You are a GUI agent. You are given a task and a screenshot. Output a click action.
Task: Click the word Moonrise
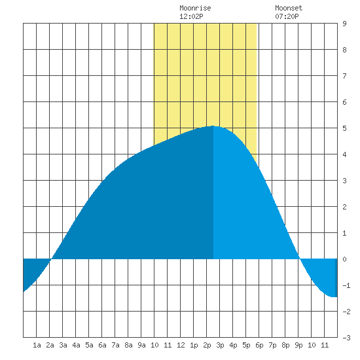click(195, 8)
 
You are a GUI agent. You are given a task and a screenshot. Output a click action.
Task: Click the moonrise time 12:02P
click(191, 16)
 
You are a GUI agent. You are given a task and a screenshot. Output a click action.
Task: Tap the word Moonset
click(289, 8)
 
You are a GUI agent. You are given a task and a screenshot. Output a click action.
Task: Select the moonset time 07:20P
click(287, 16)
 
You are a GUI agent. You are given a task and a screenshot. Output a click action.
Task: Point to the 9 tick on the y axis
click(344, 24)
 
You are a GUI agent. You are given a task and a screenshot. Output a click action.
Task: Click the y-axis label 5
click(344, 128)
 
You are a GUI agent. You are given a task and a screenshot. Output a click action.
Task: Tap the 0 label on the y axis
click(344, 259)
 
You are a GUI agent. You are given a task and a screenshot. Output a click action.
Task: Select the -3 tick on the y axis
click(346, 338)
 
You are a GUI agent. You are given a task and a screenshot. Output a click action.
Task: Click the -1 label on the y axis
click(346, 285)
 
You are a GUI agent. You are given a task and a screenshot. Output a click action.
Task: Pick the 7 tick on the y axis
click(344, 76)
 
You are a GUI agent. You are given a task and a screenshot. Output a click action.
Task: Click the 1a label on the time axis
click(37, 345)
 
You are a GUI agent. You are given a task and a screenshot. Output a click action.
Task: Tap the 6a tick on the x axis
click(102, 345)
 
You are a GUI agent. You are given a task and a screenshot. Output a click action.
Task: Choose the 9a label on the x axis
click(141, 345)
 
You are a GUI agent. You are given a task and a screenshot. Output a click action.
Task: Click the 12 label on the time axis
click(181, 345)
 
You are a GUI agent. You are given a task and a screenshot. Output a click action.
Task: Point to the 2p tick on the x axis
click(207, 345)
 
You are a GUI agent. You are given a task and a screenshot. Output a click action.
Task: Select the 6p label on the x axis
click(259, 345)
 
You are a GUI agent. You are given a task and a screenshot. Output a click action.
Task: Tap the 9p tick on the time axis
click(298, 345)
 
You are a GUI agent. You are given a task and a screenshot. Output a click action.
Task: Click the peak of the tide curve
click(213, 126)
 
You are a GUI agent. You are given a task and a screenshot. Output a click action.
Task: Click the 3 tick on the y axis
click(344, 181)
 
